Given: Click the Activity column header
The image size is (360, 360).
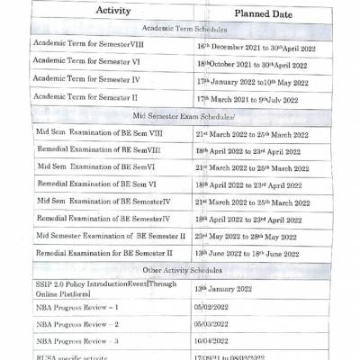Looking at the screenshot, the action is (x=111, y=13).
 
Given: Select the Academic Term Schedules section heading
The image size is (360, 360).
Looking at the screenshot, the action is (x=189, y=29).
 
